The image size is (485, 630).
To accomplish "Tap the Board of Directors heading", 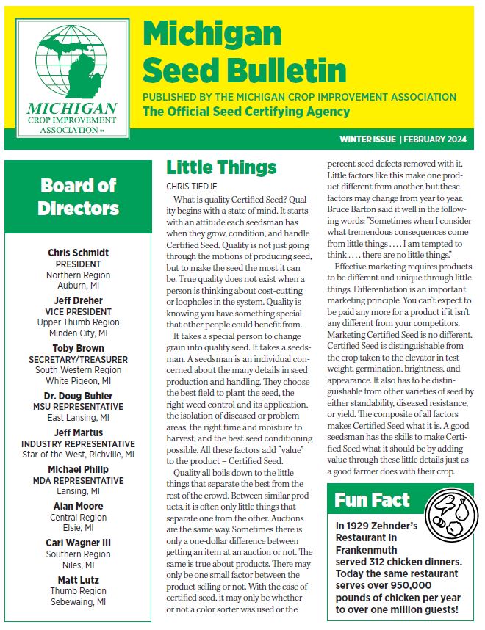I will tap(79, 197).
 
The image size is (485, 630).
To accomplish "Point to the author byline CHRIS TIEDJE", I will tap(190, 187).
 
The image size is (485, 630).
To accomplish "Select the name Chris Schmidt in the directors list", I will tap(79, 253).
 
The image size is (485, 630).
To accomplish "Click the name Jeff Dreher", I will tap(79, 300).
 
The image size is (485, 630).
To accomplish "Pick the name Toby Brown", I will tap(79, 349).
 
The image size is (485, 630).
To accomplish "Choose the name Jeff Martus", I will tap(79, 432).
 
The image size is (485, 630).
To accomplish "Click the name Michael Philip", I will tap(79, 468).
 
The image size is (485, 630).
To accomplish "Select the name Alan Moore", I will tap(79, 506).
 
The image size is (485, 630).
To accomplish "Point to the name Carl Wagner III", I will tap(79, 543).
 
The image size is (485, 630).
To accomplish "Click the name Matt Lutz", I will tap(79, 579).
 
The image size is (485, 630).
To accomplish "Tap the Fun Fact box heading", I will tap(372, 501).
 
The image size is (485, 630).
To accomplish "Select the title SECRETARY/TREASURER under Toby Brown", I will tap(79, 360).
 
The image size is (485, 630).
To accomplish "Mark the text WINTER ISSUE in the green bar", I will tap(367, 139).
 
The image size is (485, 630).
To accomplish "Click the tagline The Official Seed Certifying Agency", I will tap(246, 112).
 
